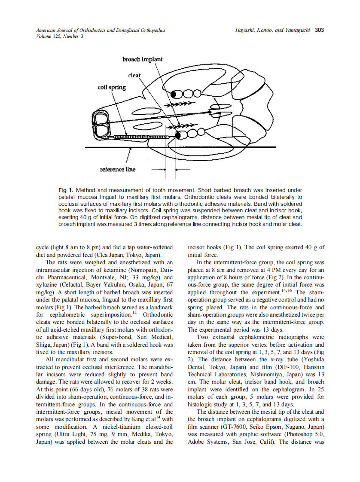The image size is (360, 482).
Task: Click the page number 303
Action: (319, 31)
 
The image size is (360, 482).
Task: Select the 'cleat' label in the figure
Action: (134, 75)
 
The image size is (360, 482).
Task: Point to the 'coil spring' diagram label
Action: (112, 87)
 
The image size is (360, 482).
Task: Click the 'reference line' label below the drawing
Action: (117, 169)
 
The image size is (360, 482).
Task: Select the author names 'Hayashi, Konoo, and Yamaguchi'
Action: (273, 31)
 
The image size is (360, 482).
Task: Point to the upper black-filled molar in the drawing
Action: (174, 94)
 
